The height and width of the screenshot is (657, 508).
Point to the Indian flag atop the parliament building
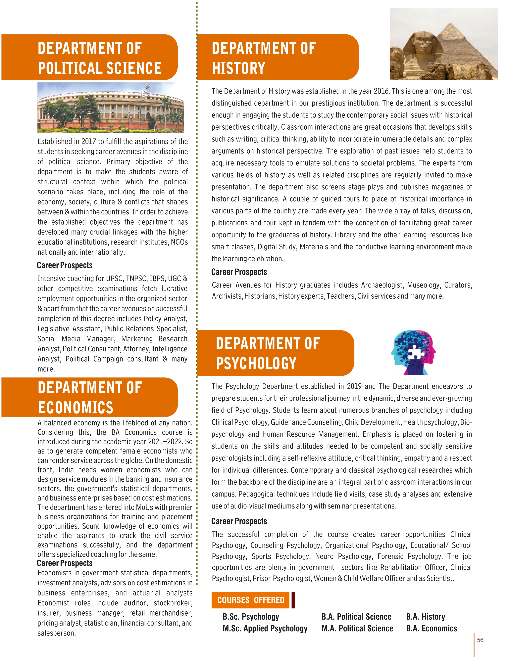tap(147, 87)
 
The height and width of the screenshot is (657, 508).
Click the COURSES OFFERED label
tap(251, 600)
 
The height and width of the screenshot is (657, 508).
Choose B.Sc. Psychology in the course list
tap(251, 617)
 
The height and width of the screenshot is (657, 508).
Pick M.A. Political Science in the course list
tap(357, 628)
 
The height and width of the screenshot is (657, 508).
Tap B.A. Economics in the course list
tap(431, 628)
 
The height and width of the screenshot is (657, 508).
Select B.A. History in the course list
tap(425, 617)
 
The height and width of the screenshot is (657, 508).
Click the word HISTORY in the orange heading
tap(238, 68)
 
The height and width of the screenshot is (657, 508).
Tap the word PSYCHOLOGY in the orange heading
tap(256, 363)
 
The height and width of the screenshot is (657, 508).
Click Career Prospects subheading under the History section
tap(239, 272)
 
